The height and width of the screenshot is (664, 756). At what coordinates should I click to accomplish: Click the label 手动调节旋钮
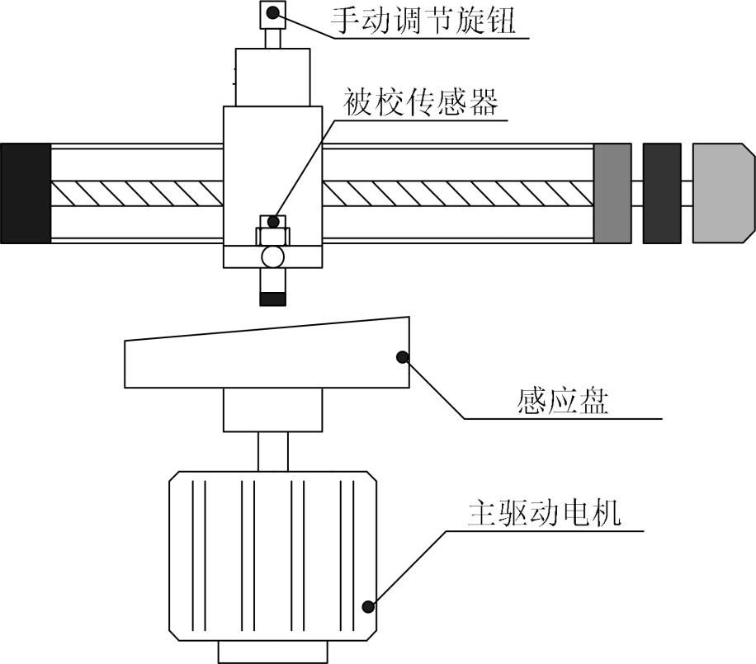(423, 21)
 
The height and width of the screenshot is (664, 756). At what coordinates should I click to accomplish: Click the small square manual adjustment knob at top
(272, 14)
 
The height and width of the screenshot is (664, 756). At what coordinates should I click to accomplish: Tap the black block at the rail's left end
(26, 193)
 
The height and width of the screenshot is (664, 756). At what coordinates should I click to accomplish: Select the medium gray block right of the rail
(612, 193)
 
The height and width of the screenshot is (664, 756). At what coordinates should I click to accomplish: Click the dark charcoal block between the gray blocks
(662, 193)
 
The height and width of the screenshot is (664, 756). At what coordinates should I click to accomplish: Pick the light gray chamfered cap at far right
(723, 193)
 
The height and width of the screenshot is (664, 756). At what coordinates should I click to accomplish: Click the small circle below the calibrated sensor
(272, 257)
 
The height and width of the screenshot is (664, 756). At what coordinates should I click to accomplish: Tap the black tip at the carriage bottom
(272, 299)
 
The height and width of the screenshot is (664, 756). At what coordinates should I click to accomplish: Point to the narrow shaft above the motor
(272, 451)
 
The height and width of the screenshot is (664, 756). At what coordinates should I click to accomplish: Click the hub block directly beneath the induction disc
(272, 411)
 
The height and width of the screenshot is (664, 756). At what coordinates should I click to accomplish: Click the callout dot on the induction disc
(403, 356)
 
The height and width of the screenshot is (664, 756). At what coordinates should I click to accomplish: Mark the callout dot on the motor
(369, 607)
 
